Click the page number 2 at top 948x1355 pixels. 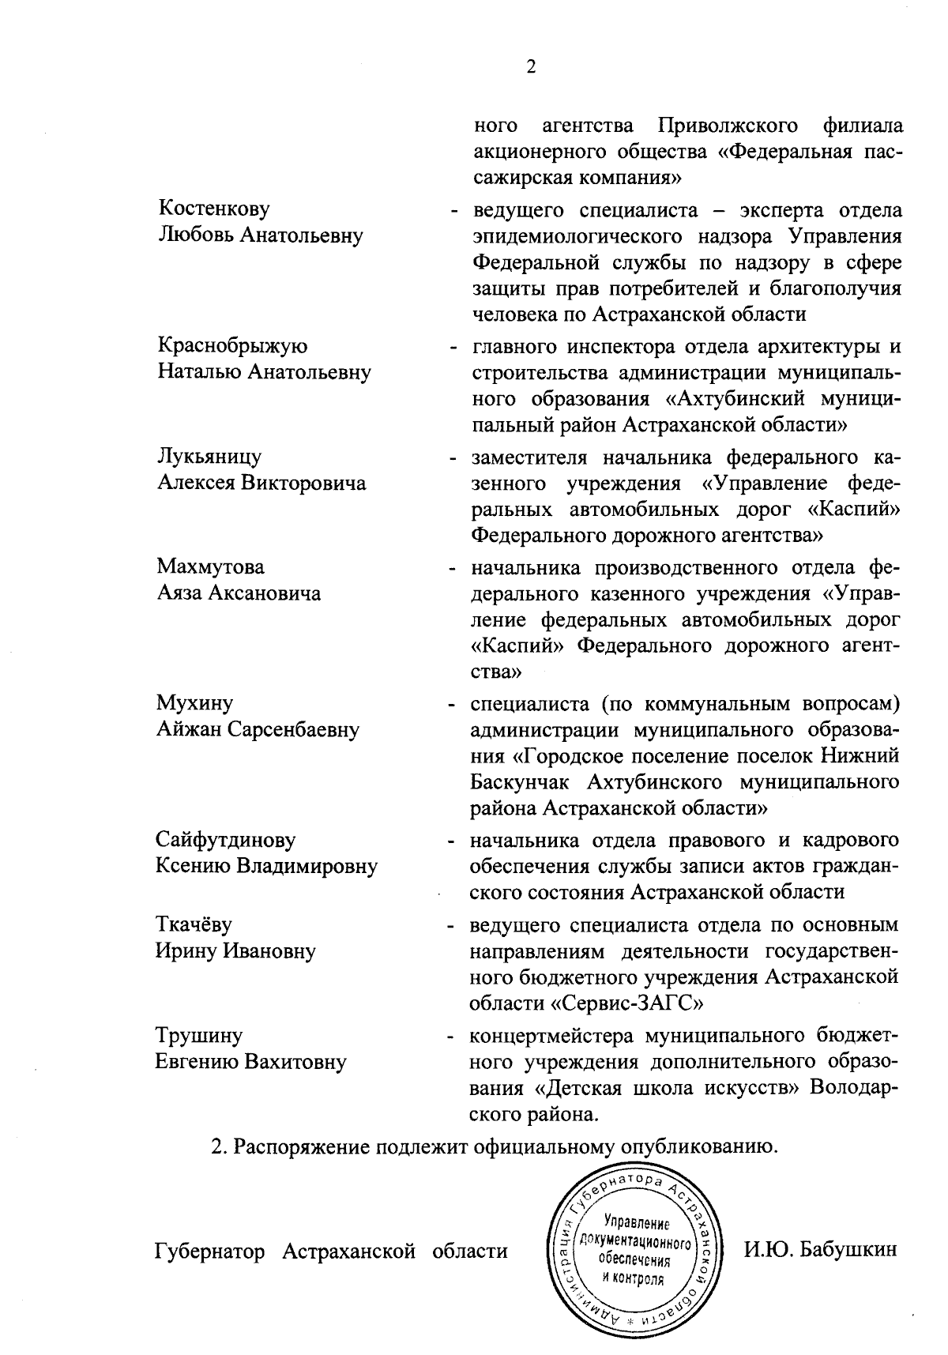coord(531,67)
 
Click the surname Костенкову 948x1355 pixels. coord(214,209)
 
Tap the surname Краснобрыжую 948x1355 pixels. coord(232,346)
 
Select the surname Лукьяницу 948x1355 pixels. coord(209,457)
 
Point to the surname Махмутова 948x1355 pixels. coord(211,566)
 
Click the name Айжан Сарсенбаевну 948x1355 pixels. coord(258,729)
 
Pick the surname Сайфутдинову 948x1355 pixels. coord(225,839)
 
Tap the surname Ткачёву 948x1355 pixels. coord(194,924)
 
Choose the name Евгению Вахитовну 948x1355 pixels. coord(250,1061)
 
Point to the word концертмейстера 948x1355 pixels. coord(552,1035)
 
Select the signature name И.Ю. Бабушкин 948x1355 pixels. coord(821,1250)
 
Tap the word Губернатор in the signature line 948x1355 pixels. coord(213,1251)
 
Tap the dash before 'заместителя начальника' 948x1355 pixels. coord(453,458)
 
